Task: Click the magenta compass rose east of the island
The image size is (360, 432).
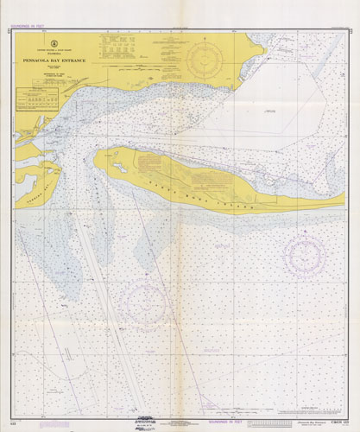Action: click(305, 252)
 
